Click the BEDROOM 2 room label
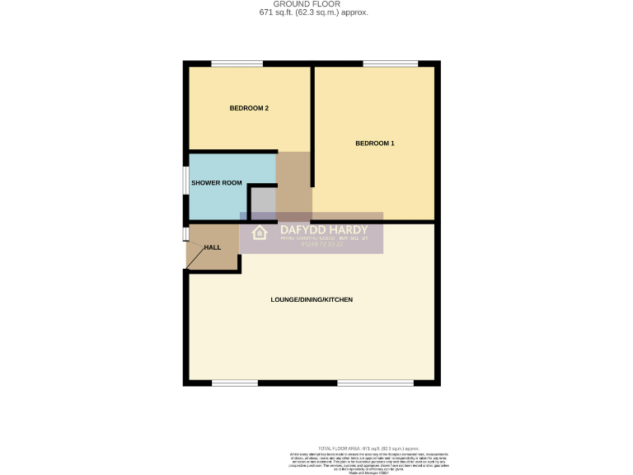[249, 108]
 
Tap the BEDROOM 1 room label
[374, 143]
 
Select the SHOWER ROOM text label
[217, 182]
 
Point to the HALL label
[213, 247]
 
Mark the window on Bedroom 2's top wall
[237, 63]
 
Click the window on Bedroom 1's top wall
[390, 63]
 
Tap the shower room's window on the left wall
[185, 182]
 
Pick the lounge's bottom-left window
[235, 383]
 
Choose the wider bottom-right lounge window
[375, 383]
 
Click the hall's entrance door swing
[195, 258]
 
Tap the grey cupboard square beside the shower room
[262, 202]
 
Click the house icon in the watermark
[260, 233]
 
